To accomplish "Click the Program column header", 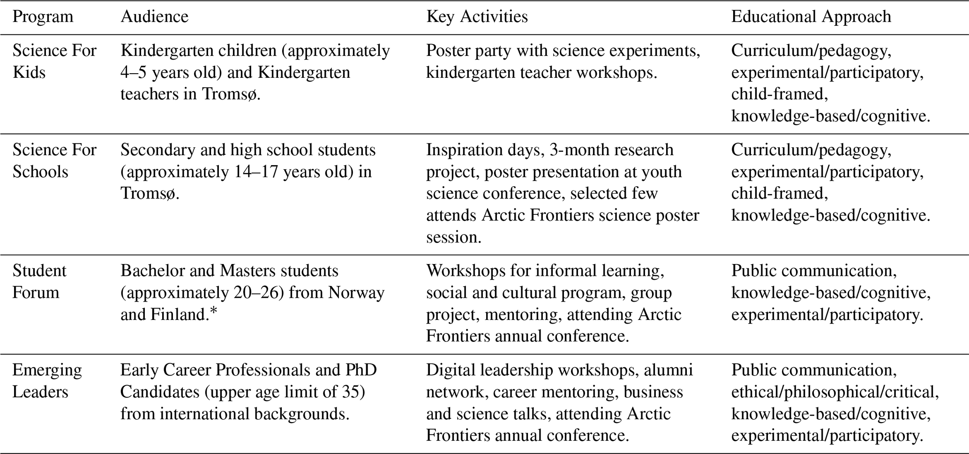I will click(43, 17).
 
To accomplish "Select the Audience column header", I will click(154, 17).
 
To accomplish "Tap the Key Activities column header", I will click(477, 17).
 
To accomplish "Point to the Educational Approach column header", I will click(811, 17).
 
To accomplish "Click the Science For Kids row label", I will click(54, 61).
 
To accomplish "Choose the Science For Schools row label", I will click(54, 161).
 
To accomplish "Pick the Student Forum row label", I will click(39, 281).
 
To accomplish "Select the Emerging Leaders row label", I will click(47, 381).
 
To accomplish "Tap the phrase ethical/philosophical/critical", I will click(834, 392).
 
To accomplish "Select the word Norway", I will click(356, 293).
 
